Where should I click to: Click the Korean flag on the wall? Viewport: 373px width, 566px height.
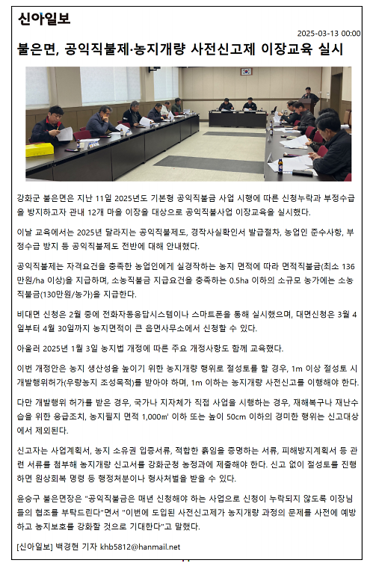(246, 73)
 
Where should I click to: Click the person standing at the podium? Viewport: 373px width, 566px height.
(309, 98)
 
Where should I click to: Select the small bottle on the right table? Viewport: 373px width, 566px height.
(280, 165)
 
